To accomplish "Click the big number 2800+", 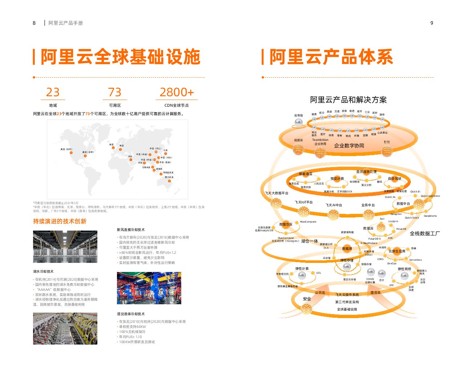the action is [x=177, y=92].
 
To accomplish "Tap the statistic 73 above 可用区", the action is [x=115, y=92].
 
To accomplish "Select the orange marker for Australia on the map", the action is [x=169, y=181].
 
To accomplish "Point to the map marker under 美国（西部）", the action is [x=71, y=152].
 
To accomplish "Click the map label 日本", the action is [x=166, y=150].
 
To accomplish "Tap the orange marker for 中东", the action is [x=131, y=160].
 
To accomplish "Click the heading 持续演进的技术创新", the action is [x=60, y=221].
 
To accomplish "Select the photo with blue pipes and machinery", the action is [x=149, y=288].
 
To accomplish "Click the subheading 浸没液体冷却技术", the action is [x=131, y=314].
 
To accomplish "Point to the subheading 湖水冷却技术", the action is [x=43, y=271].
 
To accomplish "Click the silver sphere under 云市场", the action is [x=298, y=123].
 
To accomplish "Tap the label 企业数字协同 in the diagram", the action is [x=349, y=146].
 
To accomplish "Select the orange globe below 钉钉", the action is [x=387, y=151].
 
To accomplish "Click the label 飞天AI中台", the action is [x=333, y=205].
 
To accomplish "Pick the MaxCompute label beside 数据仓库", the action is [x=308, y=221].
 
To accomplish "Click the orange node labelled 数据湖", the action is [x=347, y=249].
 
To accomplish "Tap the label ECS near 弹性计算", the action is [x=319, y=273].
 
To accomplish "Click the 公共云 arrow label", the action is [x=320, y=292].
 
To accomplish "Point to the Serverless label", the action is [x=416, y=260].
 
